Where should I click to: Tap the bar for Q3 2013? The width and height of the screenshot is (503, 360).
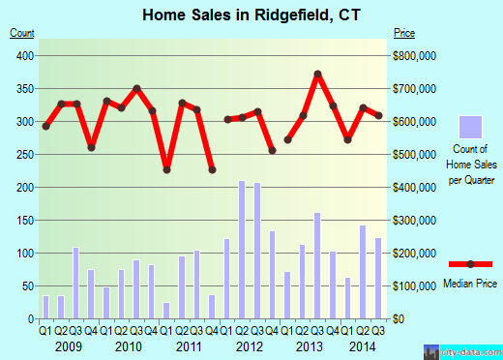[316, 265]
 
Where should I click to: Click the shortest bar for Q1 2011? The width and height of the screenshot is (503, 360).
[166, 310]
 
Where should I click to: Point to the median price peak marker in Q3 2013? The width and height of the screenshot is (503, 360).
[317, 75]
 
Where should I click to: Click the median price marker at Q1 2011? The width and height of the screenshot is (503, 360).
[166, 169]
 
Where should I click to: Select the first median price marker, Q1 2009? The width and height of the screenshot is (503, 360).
[45, 126]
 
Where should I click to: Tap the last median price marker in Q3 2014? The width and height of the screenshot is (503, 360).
[378, 116]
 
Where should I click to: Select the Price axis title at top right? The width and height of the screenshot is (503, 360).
[405, 33]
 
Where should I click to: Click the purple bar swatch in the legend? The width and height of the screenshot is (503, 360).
[471, 127]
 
